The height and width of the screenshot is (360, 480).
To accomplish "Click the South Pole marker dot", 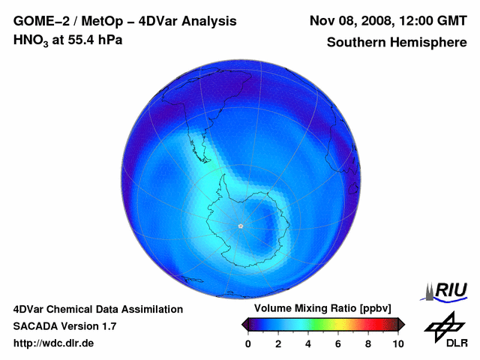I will click(x=240, y=226).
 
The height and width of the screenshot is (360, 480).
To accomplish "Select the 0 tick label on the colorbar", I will click(x=248, y=343).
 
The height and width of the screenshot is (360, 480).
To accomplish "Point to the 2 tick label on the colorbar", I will click(x=278, y=343).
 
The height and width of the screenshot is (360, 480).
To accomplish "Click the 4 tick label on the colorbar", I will click(x=308, y=343).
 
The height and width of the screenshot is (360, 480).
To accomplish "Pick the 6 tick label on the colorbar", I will click(x=338, y=343).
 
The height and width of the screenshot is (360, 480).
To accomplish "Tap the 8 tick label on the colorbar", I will click(x=368, y=343).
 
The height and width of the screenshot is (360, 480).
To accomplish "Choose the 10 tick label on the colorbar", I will click(x=397, y=343).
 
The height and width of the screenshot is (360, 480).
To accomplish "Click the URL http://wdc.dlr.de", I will click(x=54, y=343).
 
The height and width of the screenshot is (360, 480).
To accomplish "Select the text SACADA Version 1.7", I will click(x=64, y=326).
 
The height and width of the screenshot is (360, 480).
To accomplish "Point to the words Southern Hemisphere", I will click(x=396, y=43).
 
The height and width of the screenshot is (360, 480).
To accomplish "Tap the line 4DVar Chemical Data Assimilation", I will click(x=98, y=309).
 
